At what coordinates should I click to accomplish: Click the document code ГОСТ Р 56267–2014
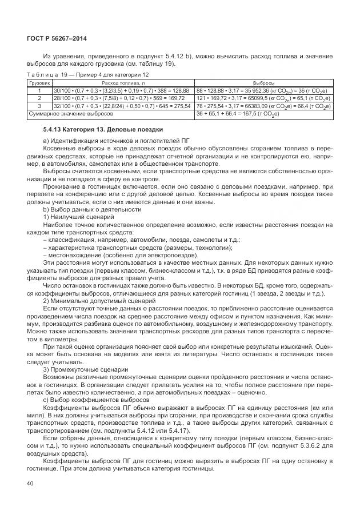54,38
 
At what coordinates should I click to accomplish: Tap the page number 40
30,483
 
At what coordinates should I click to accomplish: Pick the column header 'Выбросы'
262,83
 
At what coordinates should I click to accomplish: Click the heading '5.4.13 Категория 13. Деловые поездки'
99,130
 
